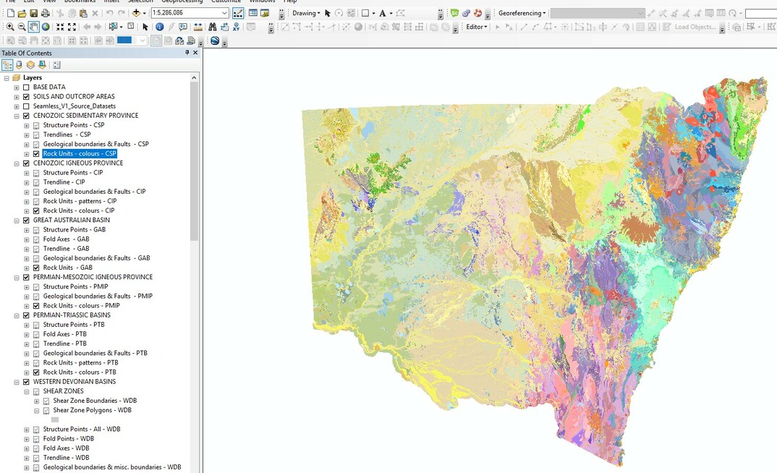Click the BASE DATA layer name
(x=49, y=87)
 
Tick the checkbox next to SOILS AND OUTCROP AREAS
(x=27, y=96)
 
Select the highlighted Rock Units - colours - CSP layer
(x=80, y=153)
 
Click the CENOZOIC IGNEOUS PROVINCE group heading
(x=78, y=163)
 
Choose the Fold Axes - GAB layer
(x=66, y=239)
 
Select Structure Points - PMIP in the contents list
(x=76, y=286)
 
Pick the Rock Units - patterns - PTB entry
(x=80, y=362)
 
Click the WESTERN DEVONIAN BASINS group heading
(x=75, y=381)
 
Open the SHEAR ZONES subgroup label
(x=63, y=391)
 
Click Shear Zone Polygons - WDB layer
(x=92, y=410)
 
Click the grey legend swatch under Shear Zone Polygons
(x=55, y=419)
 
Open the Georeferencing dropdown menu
(x=522, y=13)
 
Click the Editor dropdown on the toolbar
(x=477, y=27)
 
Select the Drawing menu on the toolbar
(x=306, y=13)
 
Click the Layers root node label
(x=33, y=77)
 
